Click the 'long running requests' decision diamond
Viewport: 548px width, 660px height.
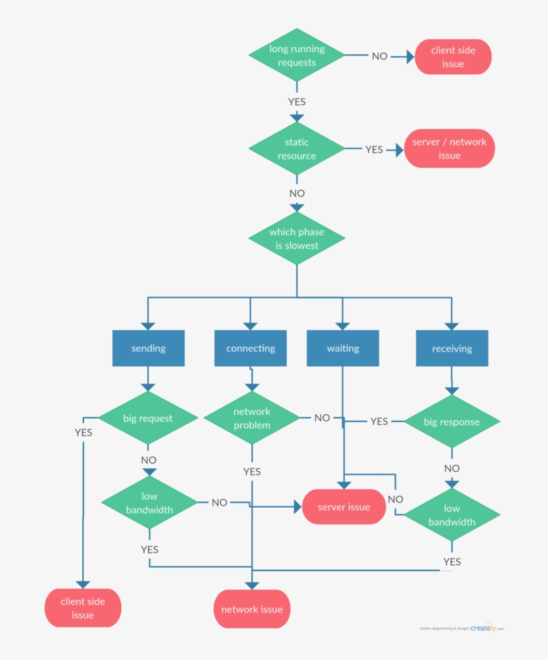297,55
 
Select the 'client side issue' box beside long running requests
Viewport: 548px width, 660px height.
453,57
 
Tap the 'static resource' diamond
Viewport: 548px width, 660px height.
297,149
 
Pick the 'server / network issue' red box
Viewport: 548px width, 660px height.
449,148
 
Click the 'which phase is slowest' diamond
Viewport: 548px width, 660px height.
297,238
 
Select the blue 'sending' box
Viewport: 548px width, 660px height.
148,348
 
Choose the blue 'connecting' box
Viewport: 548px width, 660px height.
251,348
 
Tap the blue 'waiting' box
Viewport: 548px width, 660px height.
343,348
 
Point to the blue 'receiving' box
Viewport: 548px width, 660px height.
452,348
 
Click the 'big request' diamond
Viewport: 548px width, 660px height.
148,418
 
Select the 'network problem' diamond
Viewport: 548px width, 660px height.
252,418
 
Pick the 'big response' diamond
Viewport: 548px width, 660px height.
452,422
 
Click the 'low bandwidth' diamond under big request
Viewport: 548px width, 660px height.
149,502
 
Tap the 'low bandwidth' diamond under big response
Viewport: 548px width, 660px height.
452,515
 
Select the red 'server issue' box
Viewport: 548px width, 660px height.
344,507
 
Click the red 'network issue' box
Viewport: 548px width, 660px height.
252,609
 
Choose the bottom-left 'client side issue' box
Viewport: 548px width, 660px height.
83,608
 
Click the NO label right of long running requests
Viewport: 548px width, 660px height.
380,56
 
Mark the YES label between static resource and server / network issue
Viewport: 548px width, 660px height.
374,150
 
